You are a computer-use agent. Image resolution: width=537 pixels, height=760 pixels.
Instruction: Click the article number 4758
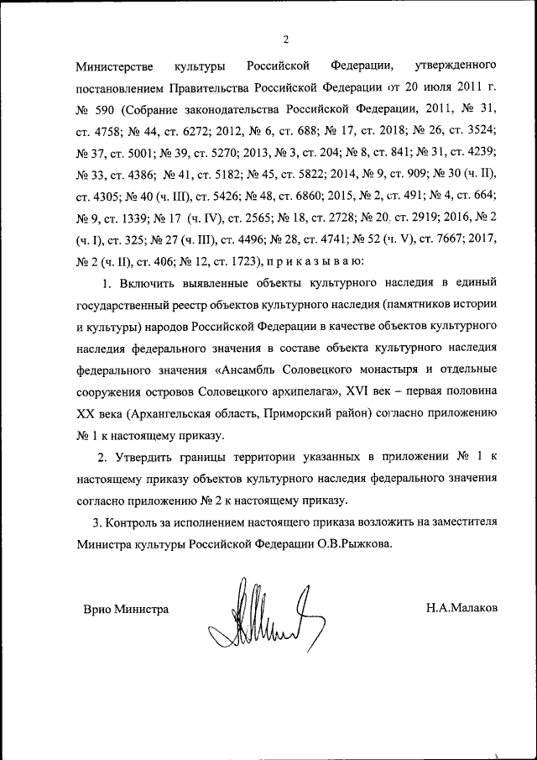(x=107, y=130)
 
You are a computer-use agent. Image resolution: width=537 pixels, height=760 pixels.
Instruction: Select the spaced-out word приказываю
(x=315, y=261)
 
